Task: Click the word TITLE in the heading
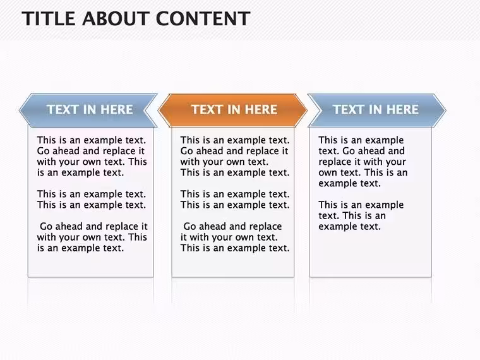click(x=49, y=18)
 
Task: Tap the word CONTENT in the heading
click(x=203, y=18)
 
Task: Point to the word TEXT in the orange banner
click(x=207, y=110)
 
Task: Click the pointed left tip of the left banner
click(x=20, y=111)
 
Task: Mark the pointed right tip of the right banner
click(x=446, y=111)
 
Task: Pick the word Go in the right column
click(x=349, y=151)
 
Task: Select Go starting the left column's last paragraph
click(x=46, y=227)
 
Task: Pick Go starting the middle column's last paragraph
click(x=189, y=227)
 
